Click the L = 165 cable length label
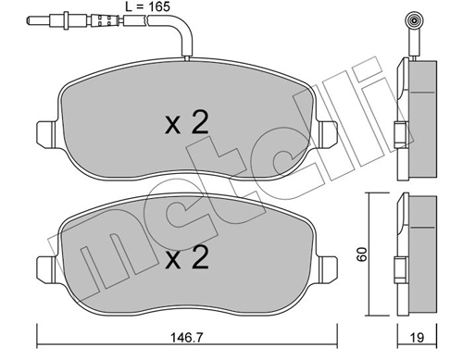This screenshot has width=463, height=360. [x=148, y=6]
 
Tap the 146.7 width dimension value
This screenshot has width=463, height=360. [x=187, y=338]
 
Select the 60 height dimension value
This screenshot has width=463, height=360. [x=362, y=254]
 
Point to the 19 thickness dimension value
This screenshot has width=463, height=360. [x=417, y=338]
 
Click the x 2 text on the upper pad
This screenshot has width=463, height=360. [x=187, y=123]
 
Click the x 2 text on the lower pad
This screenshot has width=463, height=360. [x=187, y=257]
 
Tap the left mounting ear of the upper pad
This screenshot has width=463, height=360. [x=46, y=133]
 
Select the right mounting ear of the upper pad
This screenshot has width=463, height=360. [x=328, y=133]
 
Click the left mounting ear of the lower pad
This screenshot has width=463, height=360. [x=46, y=268]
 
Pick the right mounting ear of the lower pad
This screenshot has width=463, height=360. [x=328, y=268]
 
